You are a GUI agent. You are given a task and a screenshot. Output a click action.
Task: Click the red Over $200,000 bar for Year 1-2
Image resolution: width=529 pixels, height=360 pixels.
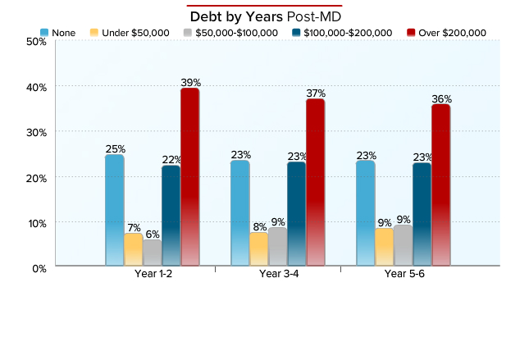tap(189, 176)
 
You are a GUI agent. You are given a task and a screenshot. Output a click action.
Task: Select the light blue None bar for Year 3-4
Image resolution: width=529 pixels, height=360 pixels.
tap(239, 212)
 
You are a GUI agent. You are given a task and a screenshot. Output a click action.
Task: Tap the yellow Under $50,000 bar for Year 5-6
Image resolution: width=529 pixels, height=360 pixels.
tap(383, 247)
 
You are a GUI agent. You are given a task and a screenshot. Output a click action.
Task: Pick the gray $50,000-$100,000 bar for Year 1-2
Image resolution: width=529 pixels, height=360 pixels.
tap(153, 253)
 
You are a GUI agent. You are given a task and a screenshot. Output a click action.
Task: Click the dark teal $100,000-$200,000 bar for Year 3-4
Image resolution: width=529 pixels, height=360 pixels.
tap(296, 213)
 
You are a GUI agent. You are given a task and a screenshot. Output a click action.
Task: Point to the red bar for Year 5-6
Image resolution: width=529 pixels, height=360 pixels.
tap(440, 185)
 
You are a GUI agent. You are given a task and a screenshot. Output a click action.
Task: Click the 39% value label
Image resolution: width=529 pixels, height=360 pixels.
tap(190, 83)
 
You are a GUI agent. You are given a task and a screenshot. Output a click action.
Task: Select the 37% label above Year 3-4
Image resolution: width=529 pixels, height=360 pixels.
tap(316, 93)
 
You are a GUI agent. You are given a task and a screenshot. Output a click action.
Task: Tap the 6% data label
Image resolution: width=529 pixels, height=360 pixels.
tap(153, 234)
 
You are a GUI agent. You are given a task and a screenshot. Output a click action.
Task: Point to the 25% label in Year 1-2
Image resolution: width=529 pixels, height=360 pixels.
tap(115, 149)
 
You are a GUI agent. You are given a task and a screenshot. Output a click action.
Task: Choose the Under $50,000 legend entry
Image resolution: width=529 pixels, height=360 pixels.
tap(130, 33)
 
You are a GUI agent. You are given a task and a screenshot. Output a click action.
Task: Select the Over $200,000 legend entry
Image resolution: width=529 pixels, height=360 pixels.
tap(445, 33)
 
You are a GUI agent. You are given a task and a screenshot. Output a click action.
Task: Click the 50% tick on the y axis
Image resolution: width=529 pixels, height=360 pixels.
tap(36, 41)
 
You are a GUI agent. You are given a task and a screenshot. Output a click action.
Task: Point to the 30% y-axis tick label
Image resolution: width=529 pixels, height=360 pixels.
tap(36, 132)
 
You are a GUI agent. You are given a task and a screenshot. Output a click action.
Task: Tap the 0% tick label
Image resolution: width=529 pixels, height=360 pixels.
tap(39, 268)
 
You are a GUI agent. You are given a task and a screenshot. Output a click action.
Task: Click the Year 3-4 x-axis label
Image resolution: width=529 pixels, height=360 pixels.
tap(279, 274)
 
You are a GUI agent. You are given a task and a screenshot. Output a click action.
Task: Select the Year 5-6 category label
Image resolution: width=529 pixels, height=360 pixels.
tap(404, 274)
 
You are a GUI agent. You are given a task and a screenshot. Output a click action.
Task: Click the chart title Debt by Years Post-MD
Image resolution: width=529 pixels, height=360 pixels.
tap(265, 16)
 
